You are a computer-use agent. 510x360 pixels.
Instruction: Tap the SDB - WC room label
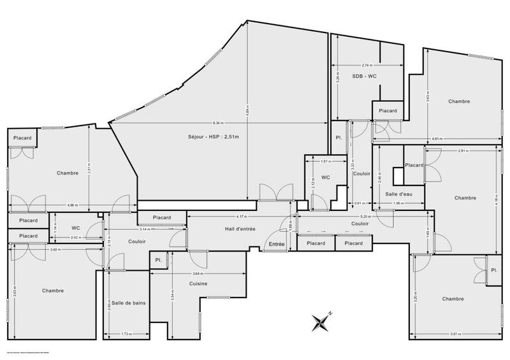[365, 76]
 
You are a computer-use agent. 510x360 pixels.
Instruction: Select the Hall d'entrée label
[240, 228]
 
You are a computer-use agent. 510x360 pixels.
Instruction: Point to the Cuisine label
[198, 284]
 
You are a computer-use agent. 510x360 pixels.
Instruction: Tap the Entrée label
[276, 244]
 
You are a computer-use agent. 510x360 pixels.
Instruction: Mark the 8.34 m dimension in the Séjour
[217, 123]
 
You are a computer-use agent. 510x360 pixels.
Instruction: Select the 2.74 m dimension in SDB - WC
[366, 65]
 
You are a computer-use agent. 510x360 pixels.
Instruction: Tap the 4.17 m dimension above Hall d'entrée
[240, 216]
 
